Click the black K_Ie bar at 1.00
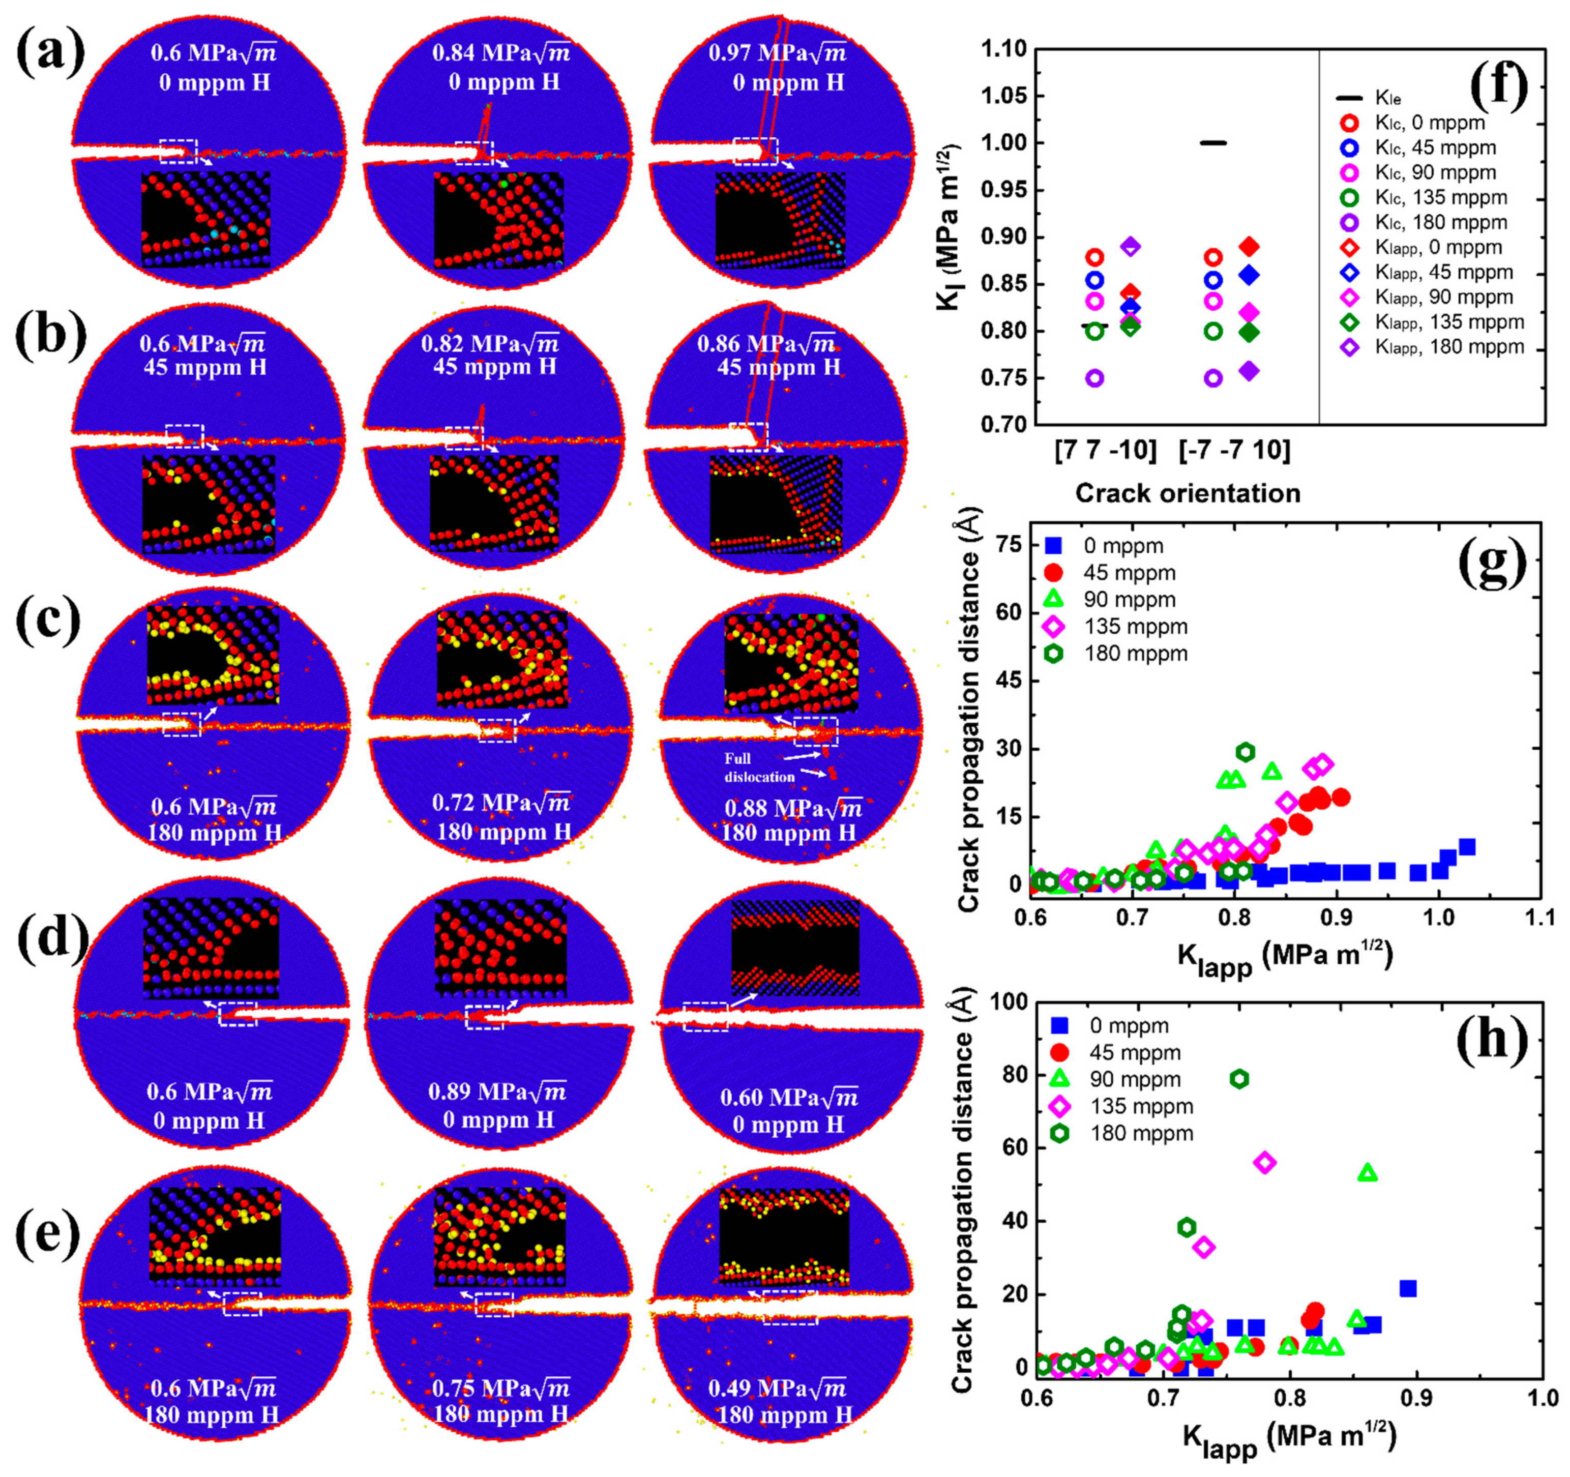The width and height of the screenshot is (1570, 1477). [1213, 143]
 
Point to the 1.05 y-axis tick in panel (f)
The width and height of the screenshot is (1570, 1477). [1004, 96]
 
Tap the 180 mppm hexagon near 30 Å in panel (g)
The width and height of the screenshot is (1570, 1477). [1246, 752]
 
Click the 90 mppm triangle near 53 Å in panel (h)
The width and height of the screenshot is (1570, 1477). [1368, 1174]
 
